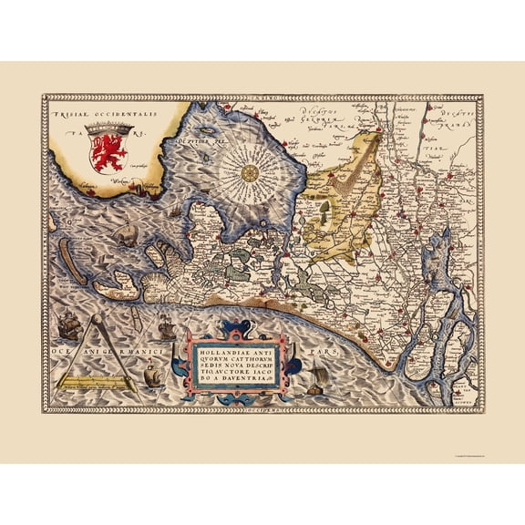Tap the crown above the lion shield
tap(113, 130)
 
